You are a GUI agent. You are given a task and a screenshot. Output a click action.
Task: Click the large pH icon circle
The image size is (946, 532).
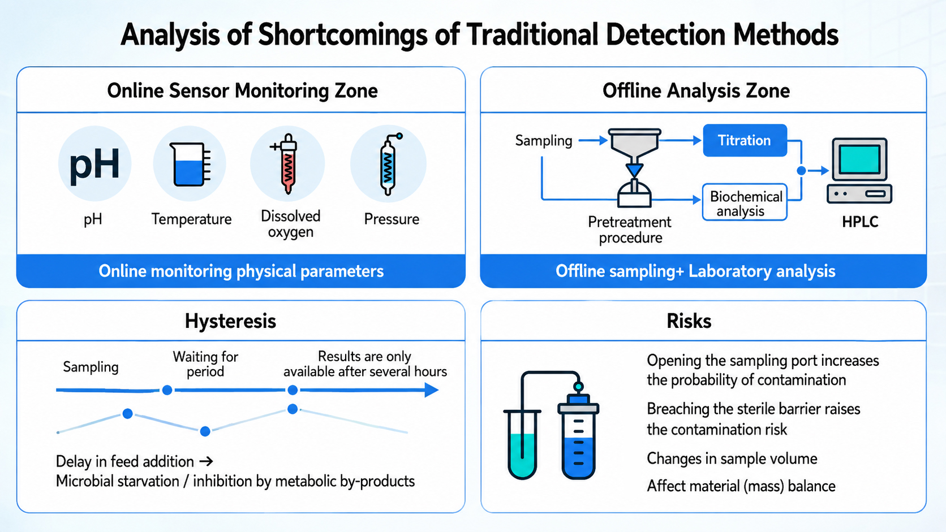tap(94, 164)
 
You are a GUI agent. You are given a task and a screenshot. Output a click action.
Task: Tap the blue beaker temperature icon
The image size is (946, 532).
tap(190, 164)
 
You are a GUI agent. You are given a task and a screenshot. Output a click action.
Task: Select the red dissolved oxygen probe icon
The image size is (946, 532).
tap(287, 163)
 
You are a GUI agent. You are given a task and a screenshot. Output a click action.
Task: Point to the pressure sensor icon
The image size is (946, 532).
tap(389, 164)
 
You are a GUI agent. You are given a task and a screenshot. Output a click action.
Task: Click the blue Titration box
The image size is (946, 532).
tap(745, 140)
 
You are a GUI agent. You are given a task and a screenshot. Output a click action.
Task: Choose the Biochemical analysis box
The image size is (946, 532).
tap(745, 202)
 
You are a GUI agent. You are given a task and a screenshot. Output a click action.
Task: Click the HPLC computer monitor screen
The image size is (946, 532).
tap(859, 159)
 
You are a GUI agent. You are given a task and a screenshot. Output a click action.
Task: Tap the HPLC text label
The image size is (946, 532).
tap(860, 222)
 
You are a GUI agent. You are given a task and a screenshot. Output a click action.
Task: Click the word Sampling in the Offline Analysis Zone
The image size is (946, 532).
tap(544, 140)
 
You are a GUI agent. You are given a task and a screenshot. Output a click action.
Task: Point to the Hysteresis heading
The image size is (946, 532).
tap(231, 321)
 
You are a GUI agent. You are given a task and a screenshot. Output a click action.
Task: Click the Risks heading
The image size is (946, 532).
tap(689, 321)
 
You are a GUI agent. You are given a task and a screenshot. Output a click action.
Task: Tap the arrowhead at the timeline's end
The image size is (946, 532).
tap(432, 390)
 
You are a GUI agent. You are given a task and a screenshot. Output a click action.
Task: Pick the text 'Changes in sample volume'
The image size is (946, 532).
tap(732, 459)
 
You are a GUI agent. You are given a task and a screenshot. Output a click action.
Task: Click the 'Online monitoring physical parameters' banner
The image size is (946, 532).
tap(241, 271)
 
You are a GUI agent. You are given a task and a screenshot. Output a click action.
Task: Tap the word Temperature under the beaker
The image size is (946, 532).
tap(191, 219)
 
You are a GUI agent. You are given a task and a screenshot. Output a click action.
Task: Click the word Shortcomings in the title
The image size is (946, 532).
tap(342, 34)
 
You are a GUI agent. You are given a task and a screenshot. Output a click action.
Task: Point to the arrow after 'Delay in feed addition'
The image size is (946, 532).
tap(206, 461)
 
